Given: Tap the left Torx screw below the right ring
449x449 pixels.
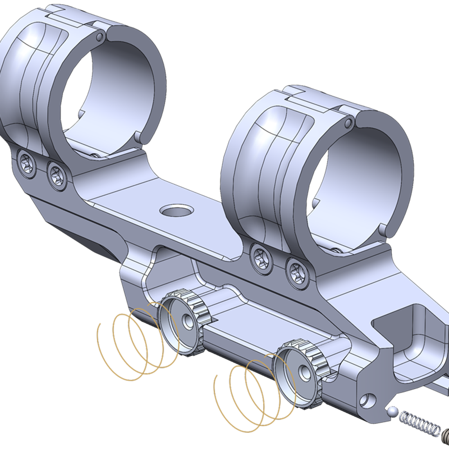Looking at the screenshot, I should pos(261,256).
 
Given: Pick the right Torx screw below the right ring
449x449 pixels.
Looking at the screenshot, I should pos(297,270).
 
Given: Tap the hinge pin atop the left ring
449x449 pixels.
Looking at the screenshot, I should pos(99,37).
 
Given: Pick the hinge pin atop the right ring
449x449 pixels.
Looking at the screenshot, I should pos(348,123).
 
